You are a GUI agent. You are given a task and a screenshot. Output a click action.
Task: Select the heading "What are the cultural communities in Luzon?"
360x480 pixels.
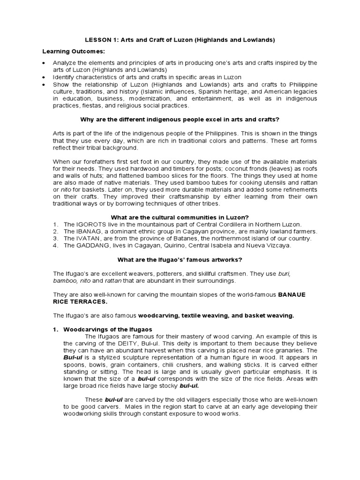coord(180,217)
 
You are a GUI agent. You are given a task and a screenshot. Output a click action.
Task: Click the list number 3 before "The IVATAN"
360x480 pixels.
coord(55,238)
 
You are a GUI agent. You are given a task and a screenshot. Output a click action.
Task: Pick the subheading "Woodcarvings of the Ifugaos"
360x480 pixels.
coord(107,330)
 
